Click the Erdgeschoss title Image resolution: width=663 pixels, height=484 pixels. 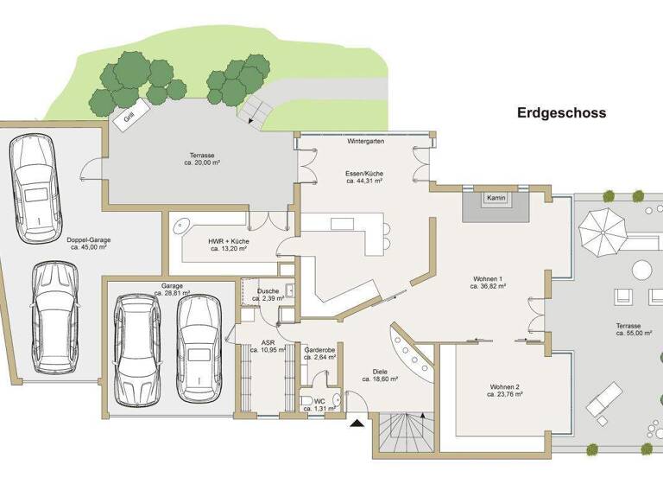point(561,112)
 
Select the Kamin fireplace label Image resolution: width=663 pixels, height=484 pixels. point(496,198)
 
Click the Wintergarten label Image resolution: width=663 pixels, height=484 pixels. point(365,140)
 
